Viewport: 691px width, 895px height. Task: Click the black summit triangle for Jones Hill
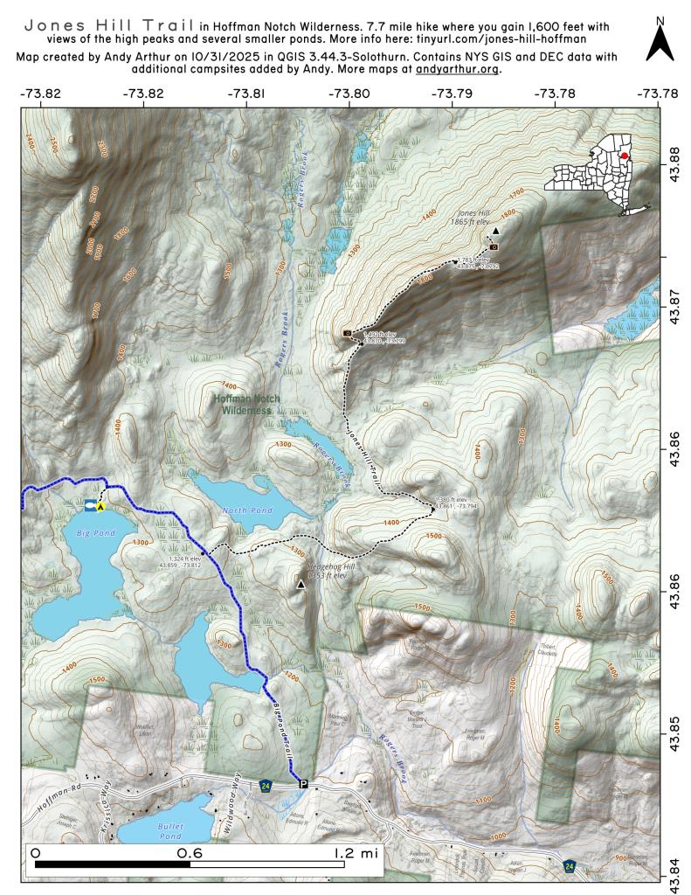(495, 231)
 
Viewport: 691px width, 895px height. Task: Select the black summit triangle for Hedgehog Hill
(301, 584)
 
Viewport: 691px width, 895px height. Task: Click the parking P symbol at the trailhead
(303, 784)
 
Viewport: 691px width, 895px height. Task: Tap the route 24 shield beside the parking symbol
(266, 786)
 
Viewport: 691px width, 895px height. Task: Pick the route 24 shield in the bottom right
(569, 865)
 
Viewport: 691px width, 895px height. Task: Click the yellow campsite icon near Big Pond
(101, 506)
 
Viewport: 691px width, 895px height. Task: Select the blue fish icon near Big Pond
(89, 505)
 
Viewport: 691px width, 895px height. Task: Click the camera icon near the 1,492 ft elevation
(347, 334)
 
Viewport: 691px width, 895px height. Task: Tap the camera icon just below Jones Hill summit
(506, 246)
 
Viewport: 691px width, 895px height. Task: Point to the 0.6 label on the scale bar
(190, 850)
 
